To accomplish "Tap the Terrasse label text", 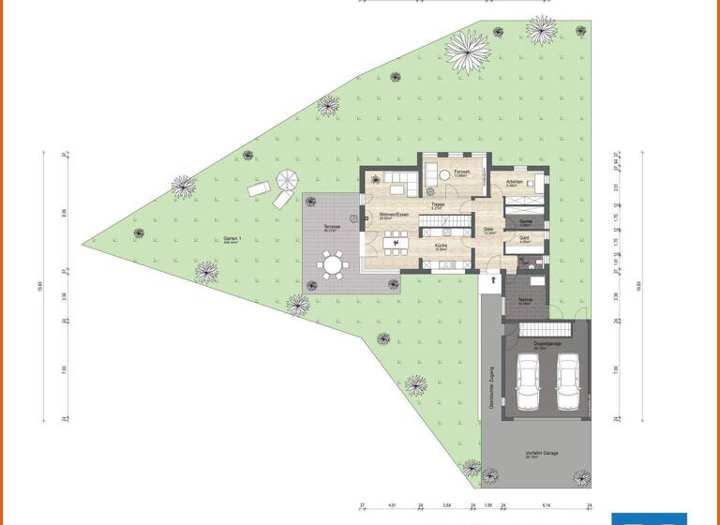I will point(331,228).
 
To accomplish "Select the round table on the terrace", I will point(331,266).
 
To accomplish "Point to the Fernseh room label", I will point(462,172).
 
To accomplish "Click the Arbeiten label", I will point(514,181).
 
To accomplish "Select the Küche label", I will point(441,246).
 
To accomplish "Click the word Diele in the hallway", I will point(488,229).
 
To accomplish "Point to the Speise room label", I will point(526,221).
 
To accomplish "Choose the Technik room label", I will point(525,300).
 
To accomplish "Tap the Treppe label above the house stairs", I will point(437,203).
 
